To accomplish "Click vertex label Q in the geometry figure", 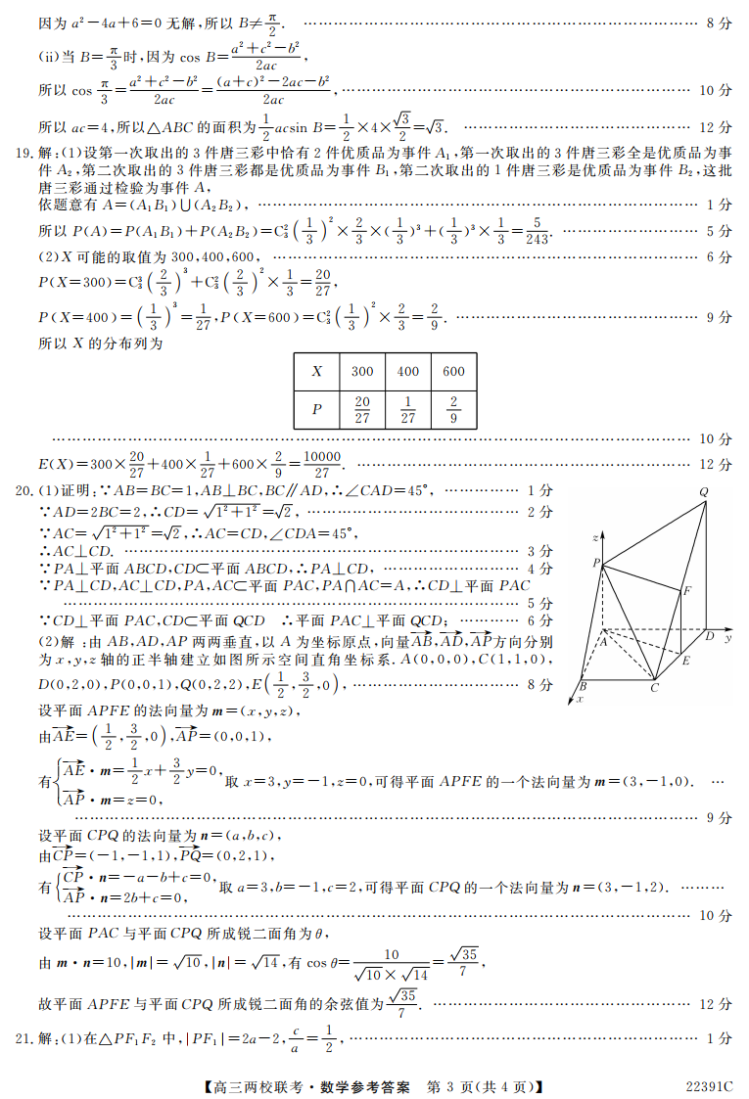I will [704, 492].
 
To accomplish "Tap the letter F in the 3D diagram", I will [687, 591].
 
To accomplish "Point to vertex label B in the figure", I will [583, 686].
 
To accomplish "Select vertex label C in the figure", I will [653, 689].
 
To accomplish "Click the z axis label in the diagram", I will [595, 537].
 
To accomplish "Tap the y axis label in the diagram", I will [729, 637].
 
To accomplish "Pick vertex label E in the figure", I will [686, 662].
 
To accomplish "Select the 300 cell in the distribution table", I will [362, 372].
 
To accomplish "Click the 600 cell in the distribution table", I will [453, 372].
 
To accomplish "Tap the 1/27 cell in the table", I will [408, 410].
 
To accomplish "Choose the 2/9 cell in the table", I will [453, 410].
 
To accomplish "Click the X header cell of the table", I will [316, 372].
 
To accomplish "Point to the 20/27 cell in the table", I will [362, 410].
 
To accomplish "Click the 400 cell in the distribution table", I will [408, 372].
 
